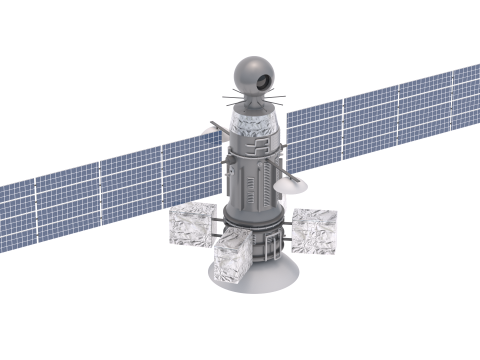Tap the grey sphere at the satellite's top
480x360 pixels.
click(249, 72)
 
